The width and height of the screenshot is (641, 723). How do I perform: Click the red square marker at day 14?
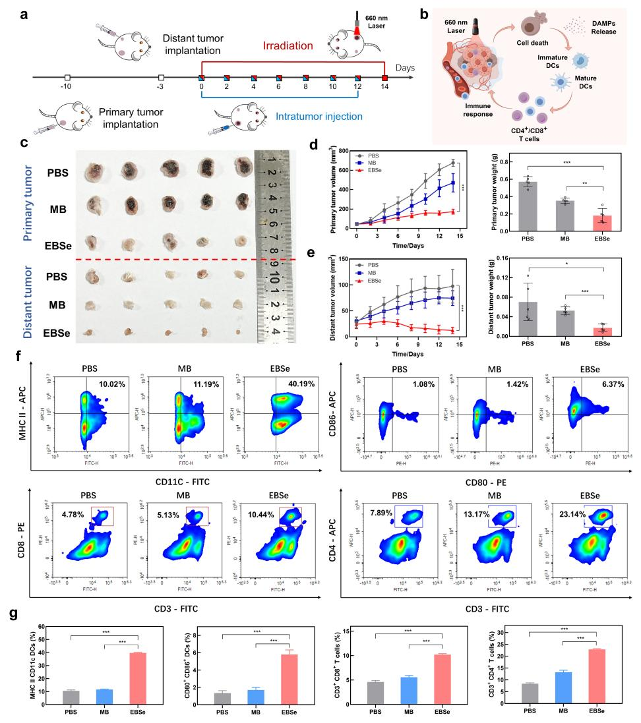tap(385, 78)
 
